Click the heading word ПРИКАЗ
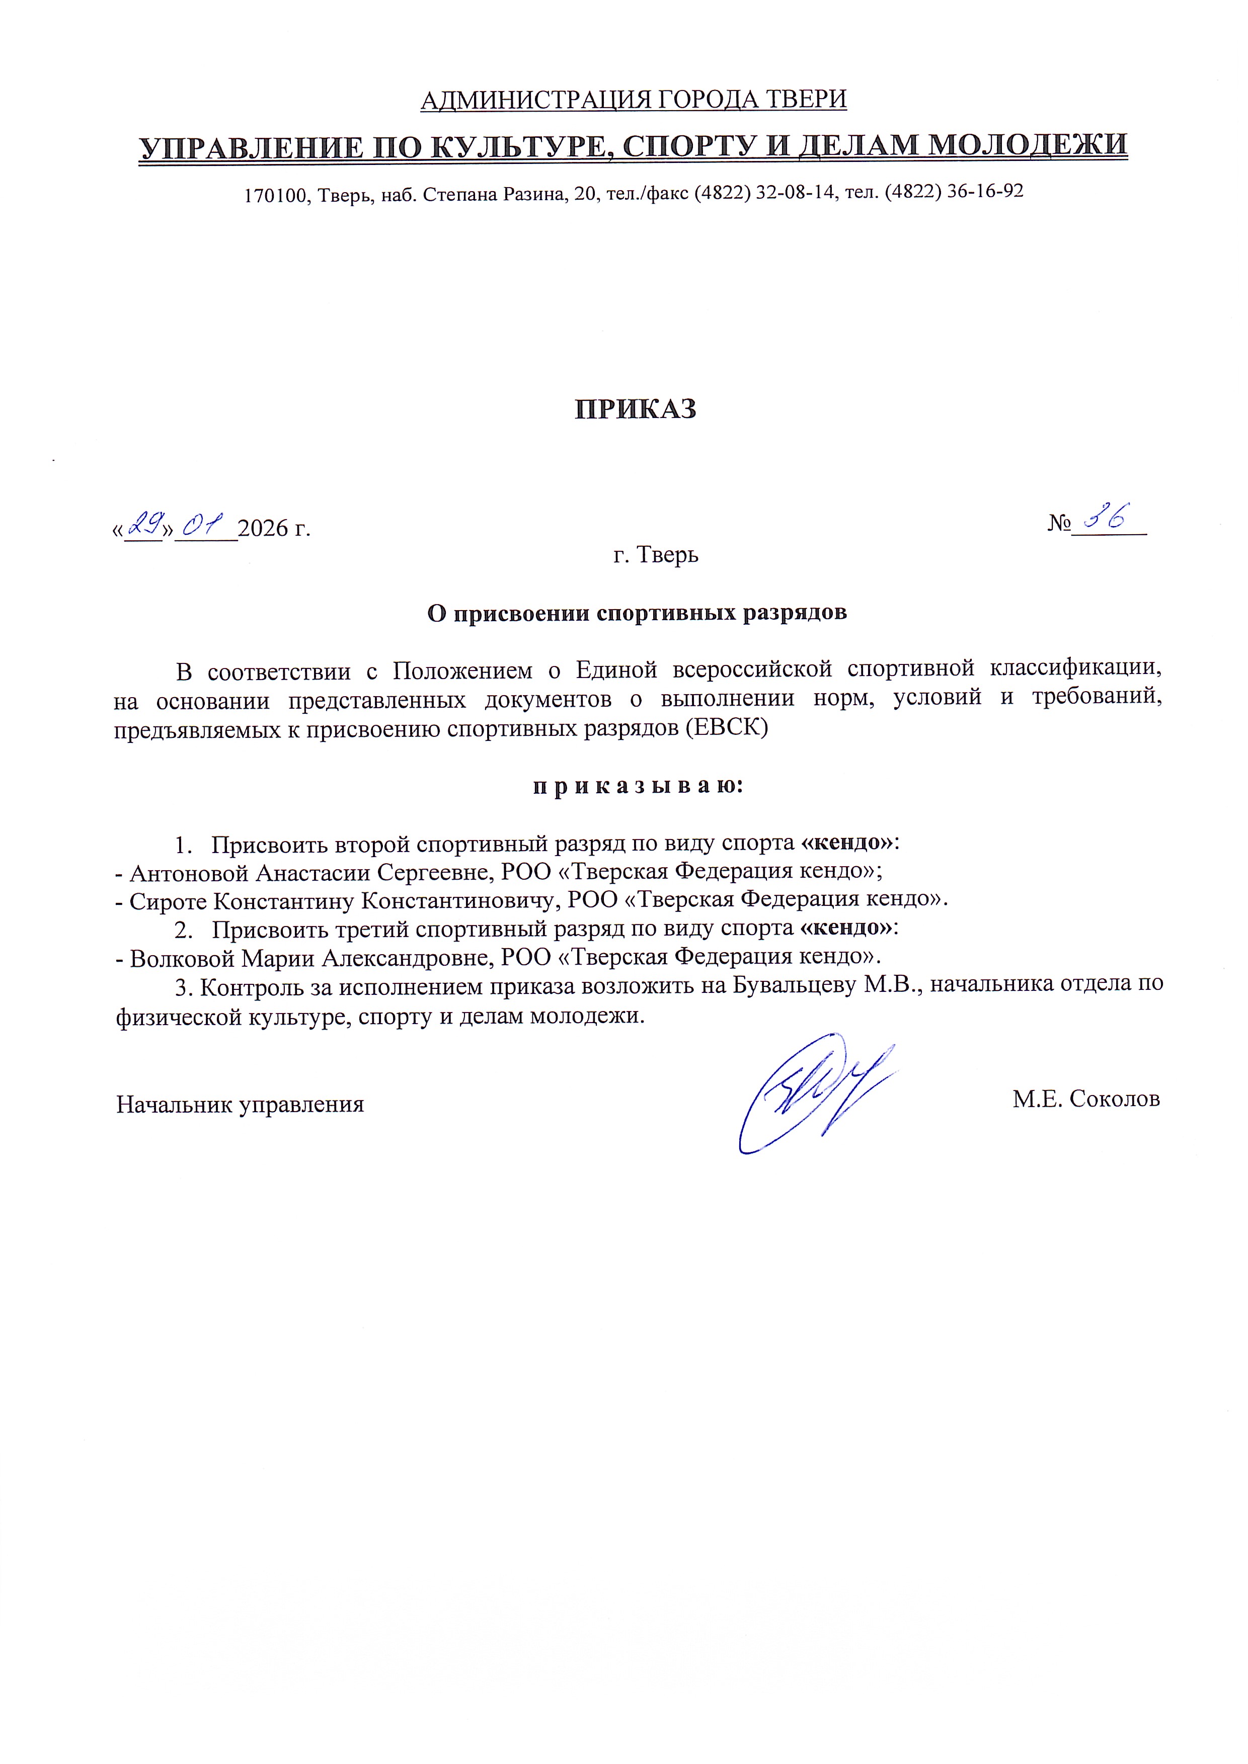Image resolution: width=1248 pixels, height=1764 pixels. pos(636,409)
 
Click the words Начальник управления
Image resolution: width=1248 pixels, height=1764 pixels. pos(240,1105)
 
